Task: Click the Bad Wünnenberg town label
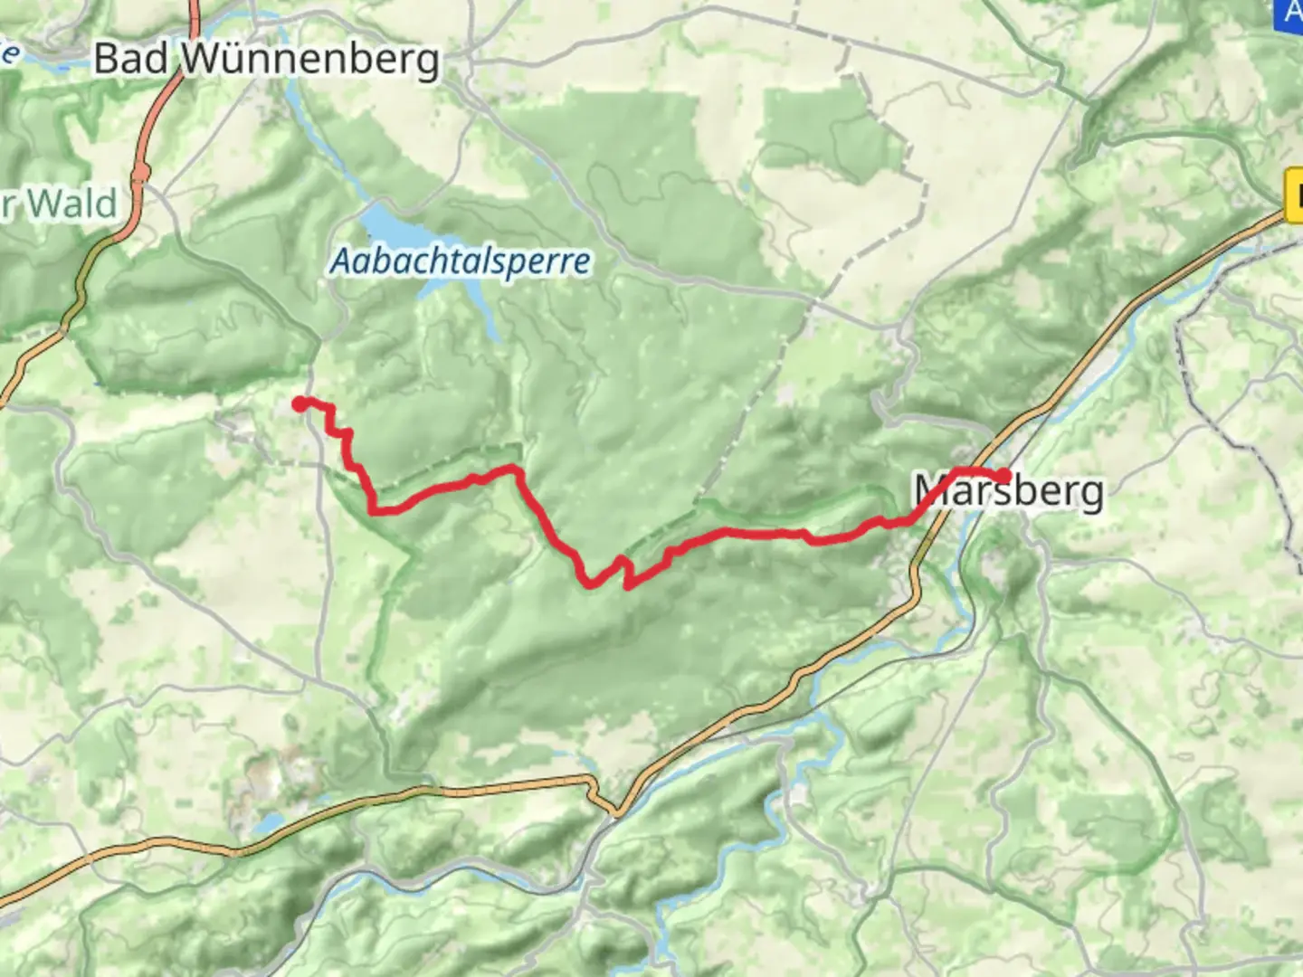pos(267,60)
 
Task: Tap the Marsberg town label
pos(1009,491)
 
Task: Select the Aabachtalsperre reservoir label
pos(460,261)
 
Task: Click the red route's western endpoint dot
pos(300,403)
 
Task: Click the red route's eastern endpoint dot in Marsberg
pos(1003,476)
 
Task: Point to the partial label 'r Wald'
pos(60,204)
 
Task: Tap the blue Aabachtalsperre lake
pos(384,223)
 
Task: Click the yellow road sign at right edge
pos(1294,196)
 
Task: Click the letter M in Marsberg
pos(932,491)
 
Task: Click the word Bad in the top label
pos(131,60)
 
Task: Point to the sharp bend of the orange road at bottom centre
pos(616,811)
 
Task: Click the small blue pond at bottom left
pos(270,823)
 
